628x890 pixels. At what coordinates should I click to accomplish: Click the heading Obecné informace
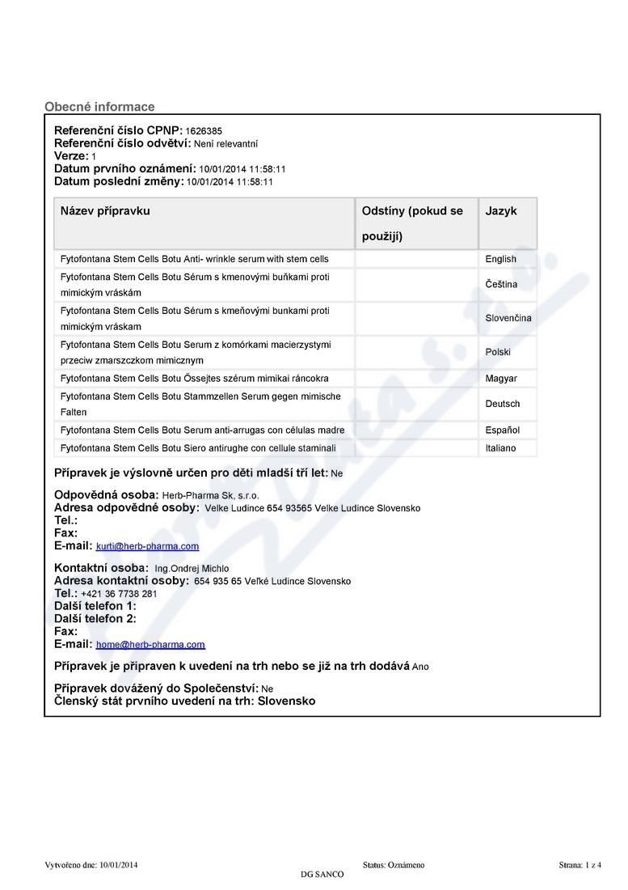click(x=99, y=107)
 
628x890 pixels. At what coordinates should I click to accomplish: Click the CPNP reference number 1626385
click(x=204, y=130)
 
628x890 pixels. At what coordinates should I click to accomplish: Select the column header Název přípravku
click(x=105, y=211)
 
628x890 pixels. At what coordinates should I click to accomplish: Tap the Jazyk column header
click(x=501, y=211)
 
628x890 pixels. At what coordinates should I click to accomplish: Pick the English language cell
click(x=500, y=259)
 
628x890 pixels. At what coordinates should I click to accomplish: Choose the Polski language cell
click(x=498, y=352)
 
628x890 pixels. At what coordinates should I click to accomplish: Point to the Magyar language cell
click(x=501, y=378)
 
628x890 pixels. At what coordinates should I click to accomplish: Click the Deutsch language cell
click(x=503, y=404)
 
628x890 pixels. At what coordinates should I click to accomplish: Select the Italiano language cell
click(x=500, y=447)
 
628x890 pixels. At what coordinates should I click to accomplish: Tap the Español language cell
click(x=502, y=430)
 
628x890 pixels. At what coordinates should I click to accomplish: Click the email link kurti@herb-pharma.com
click(x=147, y=547)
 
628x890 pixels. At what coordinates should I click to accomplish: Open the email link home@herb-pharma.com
click(x=150, y=645)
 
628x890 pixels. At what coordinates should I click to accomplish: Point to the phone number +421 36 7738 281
click(x=119, y=594)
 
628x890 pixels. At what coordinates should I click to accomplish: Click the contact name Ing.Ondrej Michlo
click(x=192, y=568)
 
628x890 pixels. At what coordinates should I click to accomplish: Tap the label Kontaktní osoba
click(x=101, y=568)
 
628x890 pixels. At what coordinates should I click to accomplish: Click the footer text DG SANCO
click(x=322, y=875)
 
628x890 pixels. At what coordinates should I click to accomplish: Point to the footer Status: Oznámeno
click(x=394, y=865)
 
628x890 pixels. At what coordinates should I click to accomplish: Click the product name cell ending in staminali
click(x=197, y=447)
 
